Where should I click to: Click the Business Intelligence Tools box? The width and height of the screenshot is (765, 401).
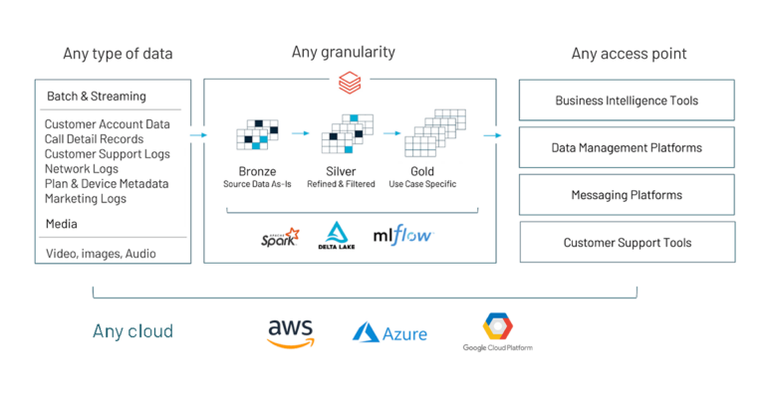click(x=627, y=100)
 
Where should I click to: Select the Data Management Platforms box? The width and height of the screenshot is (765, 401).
click(x=627, y=147)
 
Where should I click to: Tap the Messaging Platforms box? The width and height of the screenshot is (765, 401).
click(x=627, y=195)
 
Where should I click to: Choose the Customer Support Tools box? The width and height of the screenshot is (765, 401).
click(x=627, y=242)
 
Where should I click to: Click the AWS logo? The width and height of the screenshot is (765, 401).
click(x=290, y=332)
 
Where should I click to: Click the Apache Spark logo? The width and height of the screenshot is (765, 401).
click(x=278, y=237)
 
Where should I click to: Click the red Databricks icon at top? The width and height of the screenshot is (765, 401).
click(x=349, y=79)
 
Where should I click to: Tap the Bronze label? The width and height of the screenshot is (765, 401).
click(x=251, y=171)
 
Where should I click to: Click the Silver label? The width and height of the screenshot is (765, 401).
click(x=342, y=171)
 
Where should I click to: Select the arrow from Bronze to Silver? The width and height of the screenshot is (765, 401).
click(x=300, y=131)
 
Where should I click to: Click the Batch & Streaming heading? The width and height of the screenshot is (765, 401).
click(x=96, y=97)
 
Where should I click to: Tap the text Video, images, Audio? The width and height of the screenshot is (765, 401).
click(x=101, y=254)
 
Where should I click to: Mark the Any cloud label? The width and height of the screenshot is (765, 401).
click(x=132, y=331)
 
